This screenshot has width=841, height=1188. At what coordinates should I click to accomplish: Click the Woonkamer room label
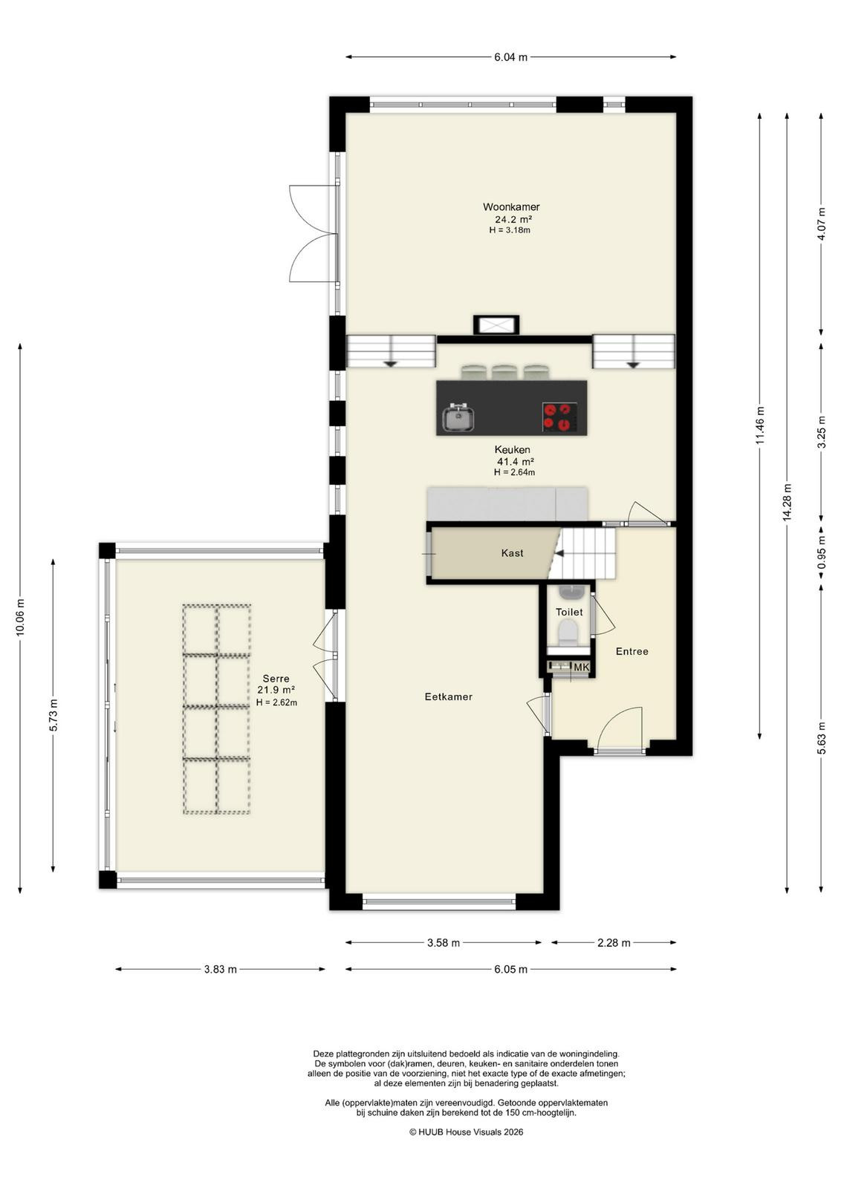tap(510, 207)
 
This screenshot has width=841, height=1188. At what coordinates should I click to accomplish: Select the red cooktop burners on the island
tap(559, 417)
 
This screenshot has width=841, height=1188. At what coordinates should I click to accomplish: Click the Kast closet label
tap(512, 553)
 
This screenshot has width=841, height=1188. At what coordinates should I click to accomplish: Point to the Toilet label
tap(569, 612)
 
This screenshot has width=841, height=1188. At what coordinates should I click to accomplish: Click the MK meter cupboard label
tap(581, 668)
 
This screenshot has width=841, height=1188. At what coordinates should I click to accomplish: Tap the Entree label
tap(631, 651)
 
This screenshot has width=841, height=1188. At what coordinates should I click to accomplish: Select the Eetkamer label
tap(448, 697)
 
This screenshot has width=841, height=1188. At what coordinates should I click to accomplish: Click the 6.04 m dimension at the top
tap(510, 57)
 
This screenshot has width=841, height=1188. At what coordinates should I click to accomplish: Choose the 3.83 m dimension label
tap(220, 970)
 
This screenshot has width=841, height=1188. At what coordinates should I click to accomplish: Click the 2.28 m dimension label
tap(614, 942)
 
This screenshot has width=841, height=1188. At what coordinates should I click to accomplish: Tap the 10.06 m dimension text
tap(20, 616)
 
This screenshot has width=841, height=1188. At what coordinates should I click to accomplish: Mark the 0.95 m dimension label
tap(822, 553)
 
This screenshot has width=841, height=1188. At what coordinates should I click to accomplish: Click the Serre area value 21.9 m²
tap(276, 690)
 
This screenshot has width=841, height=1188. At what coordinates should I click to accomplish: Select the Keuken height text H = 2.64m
tap(513, 472)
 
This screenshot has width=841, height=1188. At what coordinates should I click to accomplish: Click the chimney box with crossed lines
tap(496, 325)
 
